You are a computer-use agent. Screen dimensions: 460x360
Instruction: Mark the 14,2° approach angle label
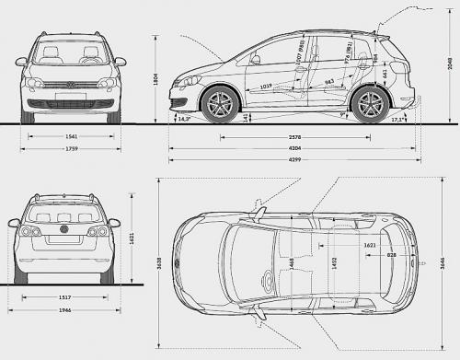pos(184,119)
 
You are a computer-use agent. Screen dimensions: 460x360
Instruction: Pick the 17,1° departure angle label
pos(397,120)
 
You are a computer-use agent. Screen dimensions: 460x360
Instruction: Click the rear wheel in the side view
pos(369,105)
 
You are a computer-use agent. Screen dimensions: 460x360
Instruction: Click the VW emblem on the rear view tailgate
pos(64,229)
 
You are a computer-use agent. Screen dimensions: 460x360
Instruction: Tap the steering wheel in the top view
pos(268,274)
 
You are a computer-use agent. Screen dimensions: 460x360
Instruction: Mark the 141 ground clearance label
pos(245,117)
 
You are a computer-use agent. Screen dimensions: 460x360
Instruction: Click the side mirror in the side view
pos(255,59)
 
